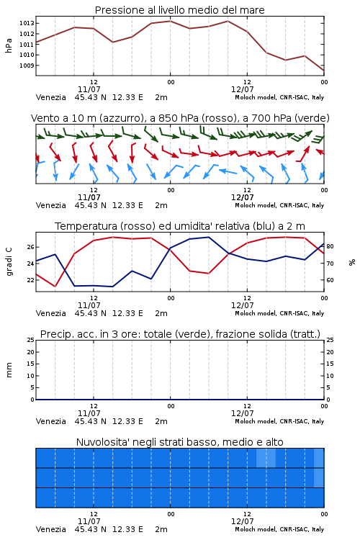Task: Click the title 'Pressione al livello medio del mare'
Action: (x=179, y=10)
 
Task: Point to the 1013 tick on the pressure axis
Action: (x=27, y=24)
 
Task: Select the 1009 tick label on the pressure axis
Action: (x=27, y=66)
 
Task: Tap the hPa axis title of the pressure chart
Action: (x=9, y=45)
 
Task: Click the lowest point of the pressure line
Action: (x=324, y=71)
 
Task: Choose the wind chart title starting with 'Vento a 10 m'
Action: (x=180, y=118)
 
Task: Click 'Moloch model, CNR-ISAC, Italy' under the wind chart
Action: (x=279, y=205)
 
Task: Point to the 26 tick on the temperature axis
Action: (x=30, y=247)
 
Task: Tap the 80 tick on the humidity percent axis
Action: (x=330, y=246)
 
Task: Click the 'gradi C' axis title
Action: (x=9, y=262)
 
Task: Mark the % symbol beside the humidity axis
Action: (x=352, y=262)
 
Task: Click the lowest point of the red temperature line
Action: (x=55, y=286)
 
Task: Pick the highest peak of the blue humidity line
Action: (x=208, y=237)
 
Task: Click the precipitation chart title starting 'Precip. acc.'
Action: (x=180, y=334)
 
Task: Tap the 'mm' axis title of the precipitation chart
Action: (x=9, y=370)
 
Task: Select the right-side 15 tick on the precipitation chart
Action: (x=330, y=364)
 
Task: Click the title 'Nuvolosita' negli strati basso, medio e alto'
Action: (x=180, y=442)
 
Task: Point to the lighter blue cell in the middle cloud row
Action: (x=319, y=477)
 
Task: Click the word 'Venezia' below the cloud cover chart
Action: (x=50, y=529)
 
